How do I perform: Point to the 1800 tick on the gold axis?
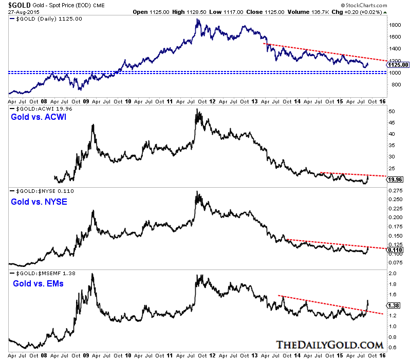coord(394,25)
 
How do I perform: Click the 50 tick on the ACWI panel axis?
coord(392,111)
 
